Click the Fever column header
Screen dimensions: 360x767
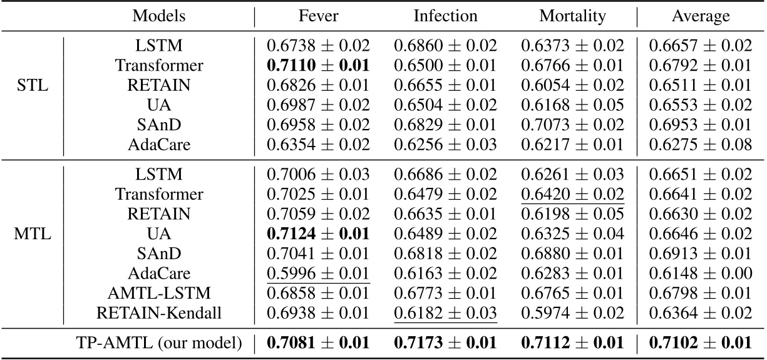pos(319,16)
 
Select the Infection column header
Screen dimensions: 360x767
pos(445,16)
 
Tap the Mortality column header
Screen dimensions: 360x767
pos(572,16)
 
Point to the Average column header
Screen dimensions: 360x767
pos(701,16)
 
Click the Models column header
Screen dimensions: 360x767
pos(159,16)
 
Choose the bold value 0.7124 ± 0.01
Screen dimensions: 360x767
pos(319,234)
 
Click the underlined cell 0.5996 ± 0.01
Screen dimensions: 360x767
pos(319,274)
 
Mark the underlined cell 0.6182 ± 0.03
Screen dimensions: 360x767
pos(445,313)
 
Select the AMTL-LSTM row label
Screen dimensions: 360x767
pos(159,293)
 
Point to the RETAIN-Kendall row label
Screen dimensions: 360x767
pos(159,313)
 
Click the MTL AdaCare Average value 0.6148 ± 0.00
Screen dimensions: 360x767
pos(701,274)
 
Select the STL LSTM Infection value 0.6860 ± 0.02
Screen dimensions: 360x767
pos(445,44)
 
